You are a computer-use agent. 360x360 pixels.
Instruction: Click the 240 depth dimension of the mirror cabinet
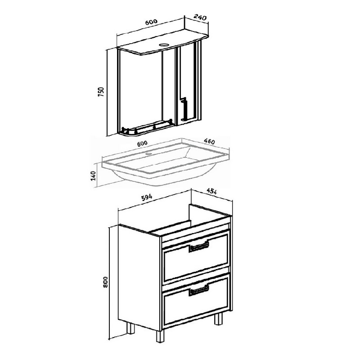[200, 17]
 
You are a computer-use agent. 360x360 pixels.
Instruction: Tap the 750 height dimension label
[101, 92]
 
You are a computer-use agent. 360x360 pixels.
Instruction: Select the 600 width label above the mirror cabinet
[151, 22]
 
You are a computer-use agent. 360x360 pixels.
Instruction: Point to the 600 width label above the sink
[142, 144]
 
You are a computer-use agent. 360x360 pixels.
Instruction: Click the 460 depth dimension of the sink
[209, 141]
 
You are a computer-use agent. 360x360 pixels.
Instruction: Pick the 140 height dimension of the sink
[94, 175]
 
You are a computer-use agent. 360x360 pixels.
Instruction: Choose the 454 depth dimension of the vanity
[211, 191]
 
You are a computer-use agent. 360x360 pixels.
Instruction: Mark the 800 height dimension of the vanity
[105, 282]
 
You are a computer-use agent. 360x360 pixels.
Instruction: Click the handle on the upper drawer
[199, 247]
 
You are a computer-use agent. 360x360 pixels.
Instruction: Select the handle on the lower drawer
[199, 290]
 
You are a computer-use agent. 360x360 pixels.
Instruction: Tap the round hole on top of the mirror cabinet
[164, 45]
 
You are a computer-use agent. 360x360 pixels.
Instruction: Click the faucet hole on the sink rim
[149, 153]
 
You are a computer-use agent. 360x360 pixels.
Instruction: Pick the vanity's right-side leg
[219, 319]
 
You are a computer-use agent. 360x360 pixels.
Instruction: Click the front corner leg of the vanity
[161, 336]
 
